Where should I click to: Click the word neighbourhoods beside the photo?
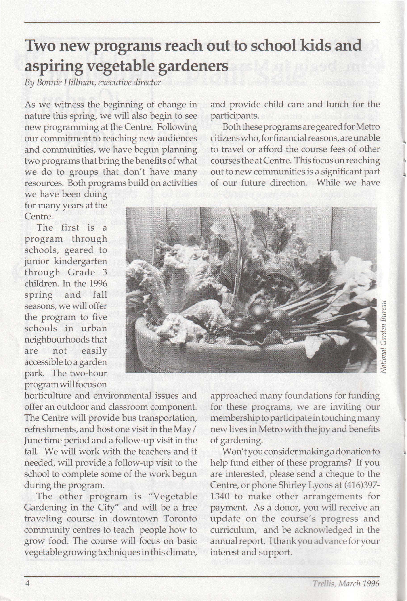point(65,339)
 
